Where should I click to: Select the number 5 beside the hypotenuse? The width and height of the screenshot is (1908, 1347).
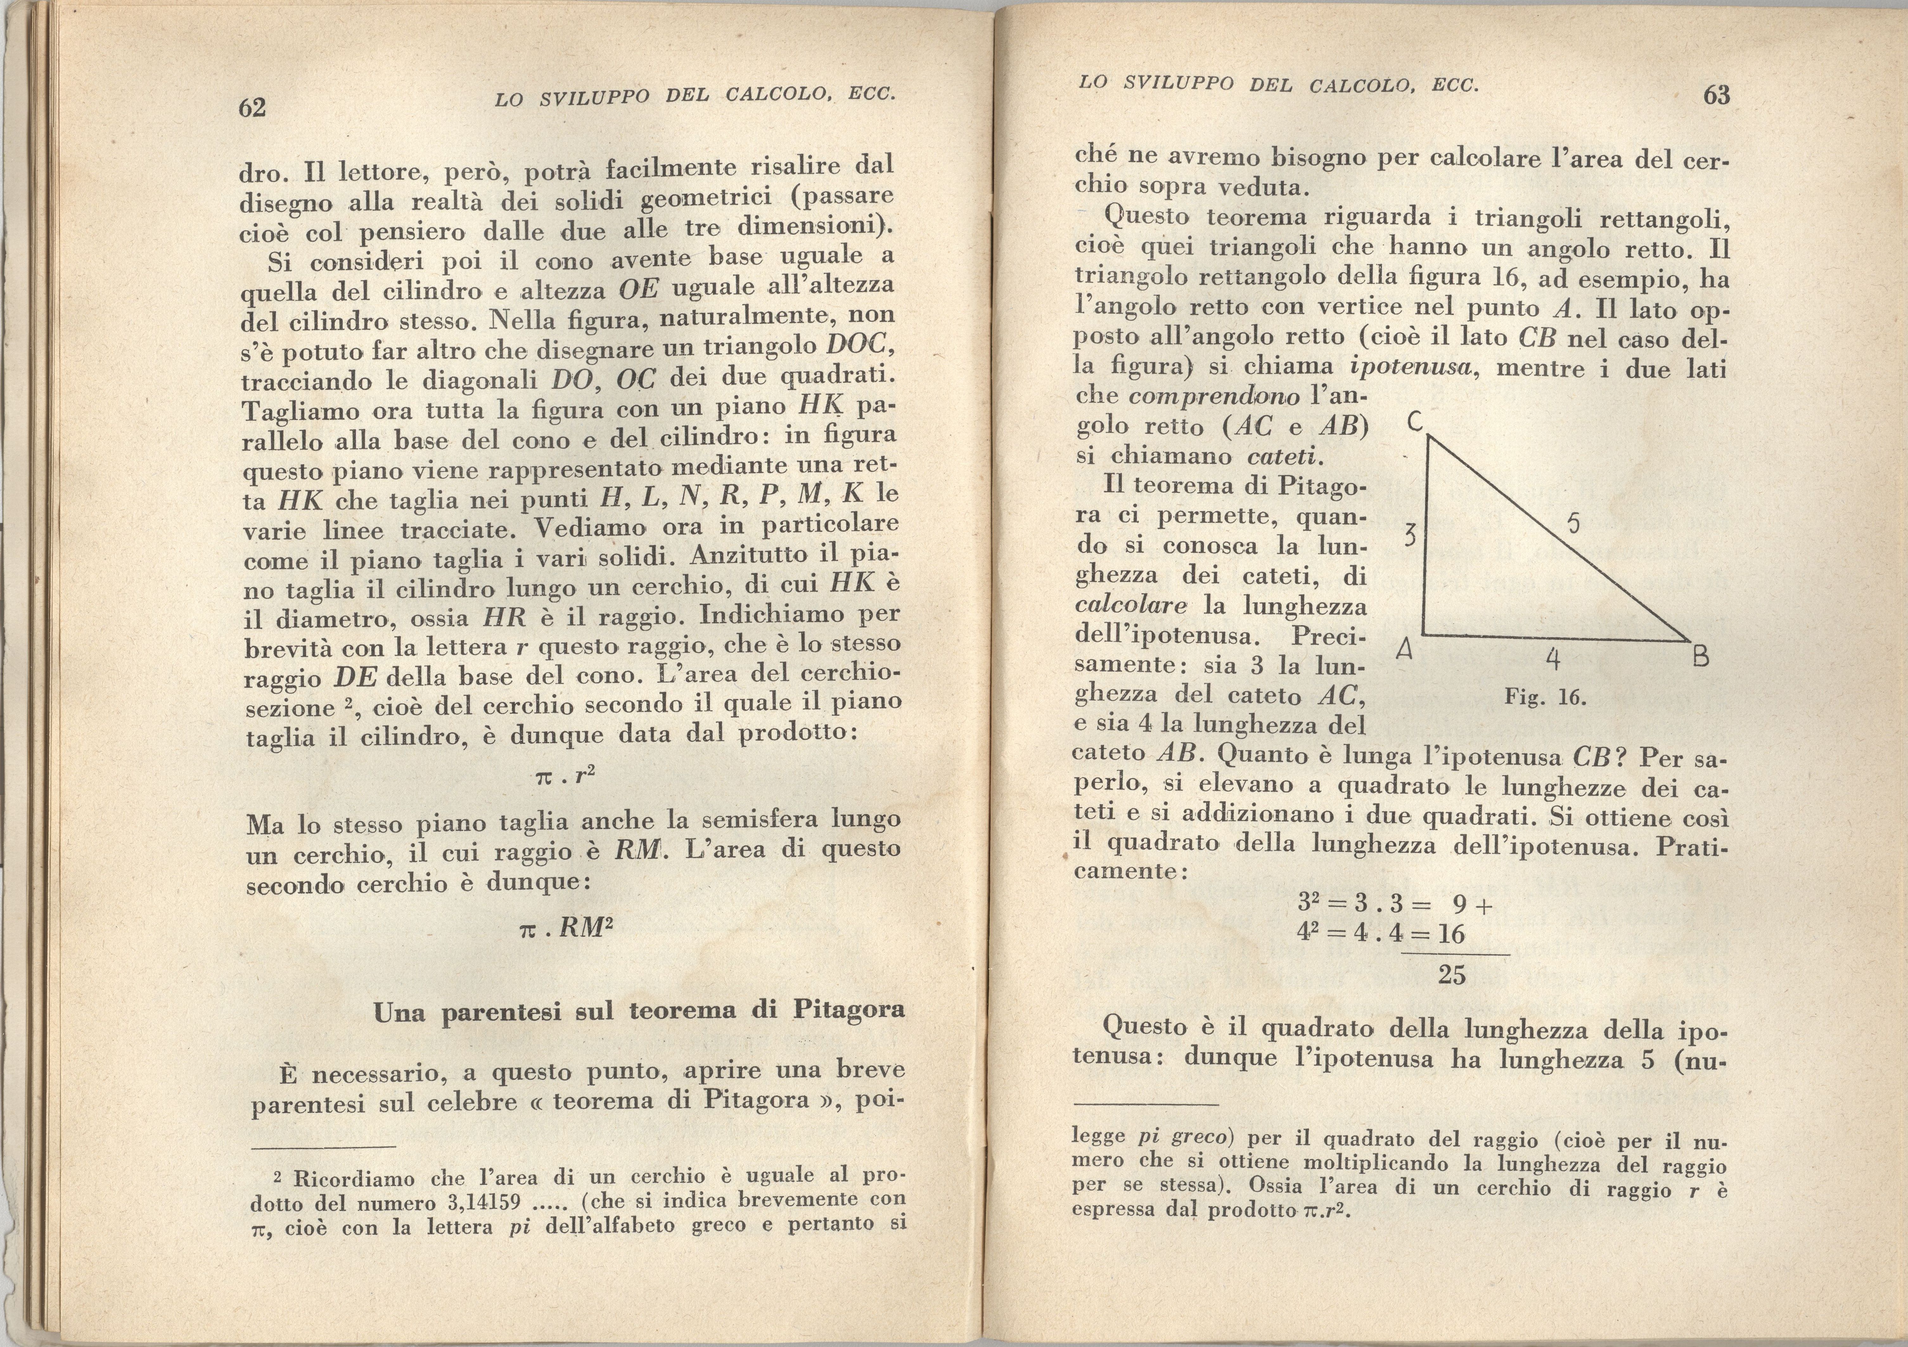(1573, 524)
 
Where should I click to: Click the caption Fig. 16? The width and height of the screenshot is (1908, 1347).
(1546, 697)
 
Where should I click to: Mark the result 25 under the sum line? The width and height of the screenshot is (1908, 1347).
(1452, 975)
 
